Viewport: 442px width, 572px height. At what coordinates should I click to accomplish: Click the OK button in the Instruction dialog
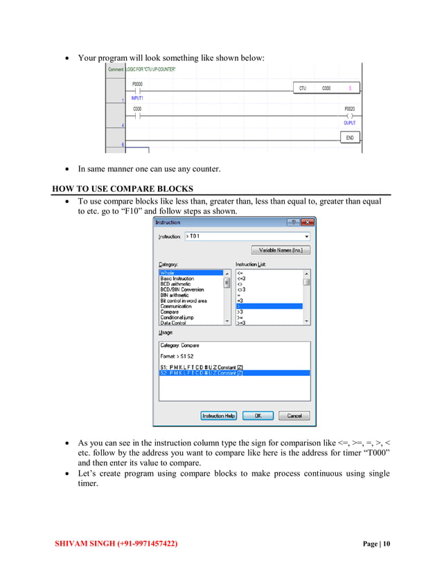[257, 415]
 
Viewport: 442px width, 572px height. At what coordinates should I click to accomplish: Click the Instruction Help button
[219, 415]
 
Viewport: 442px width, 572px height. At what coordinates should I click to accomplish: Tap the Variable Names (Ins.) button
[281, 250]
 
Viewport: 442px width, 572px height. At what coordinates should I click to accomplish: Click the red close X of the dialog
[308, 222]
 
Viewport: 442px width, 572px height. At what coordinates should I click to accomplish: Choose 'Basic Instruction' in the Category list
[178, 278]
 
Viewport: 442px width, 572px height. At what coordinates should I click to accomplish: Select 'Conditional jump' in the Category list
[177, 317]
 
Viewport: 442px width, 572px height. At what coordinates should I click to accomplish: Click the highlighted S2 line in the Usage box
[201, 373]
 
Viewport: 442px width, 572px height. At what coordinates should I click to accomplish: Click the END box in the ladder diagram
[349, 138]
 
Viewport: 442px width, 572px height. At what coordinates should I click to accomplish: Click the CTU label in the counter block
[303, 89]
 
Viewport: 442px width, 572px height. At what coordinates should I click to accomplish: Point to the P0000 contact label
[137, 83]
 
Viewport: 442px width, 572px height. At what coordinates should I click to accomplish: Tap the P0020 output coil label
[349, 109]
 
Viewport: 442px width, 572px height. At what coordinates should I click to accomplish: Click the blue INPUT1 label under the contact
[137, 98]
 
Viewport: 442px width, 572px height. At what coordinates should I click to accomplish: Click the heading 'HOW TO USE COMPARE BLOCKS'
[123, 189]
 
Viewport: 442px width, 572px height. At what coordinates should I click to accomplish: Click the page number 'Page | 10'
[376, 544]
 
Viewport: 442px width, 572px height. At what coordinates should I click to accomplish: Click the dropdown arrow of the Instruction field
[306, 236]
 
